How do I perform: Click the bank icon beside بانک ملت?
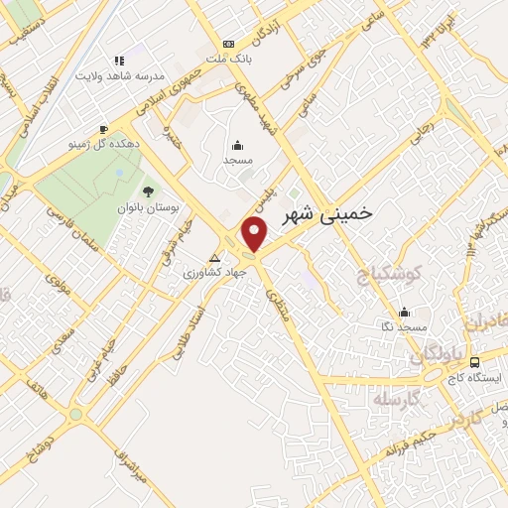click(x=229, y=44)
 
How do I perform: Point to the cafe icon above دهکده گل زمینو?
click(x=103, y=129)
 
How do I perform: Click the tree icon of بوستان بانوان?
click(x=149, y=191)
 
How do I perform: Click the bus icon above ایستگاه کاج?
click(x=475, y=363)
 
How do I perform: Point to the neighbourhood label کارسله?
click(x=397, y=399)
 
